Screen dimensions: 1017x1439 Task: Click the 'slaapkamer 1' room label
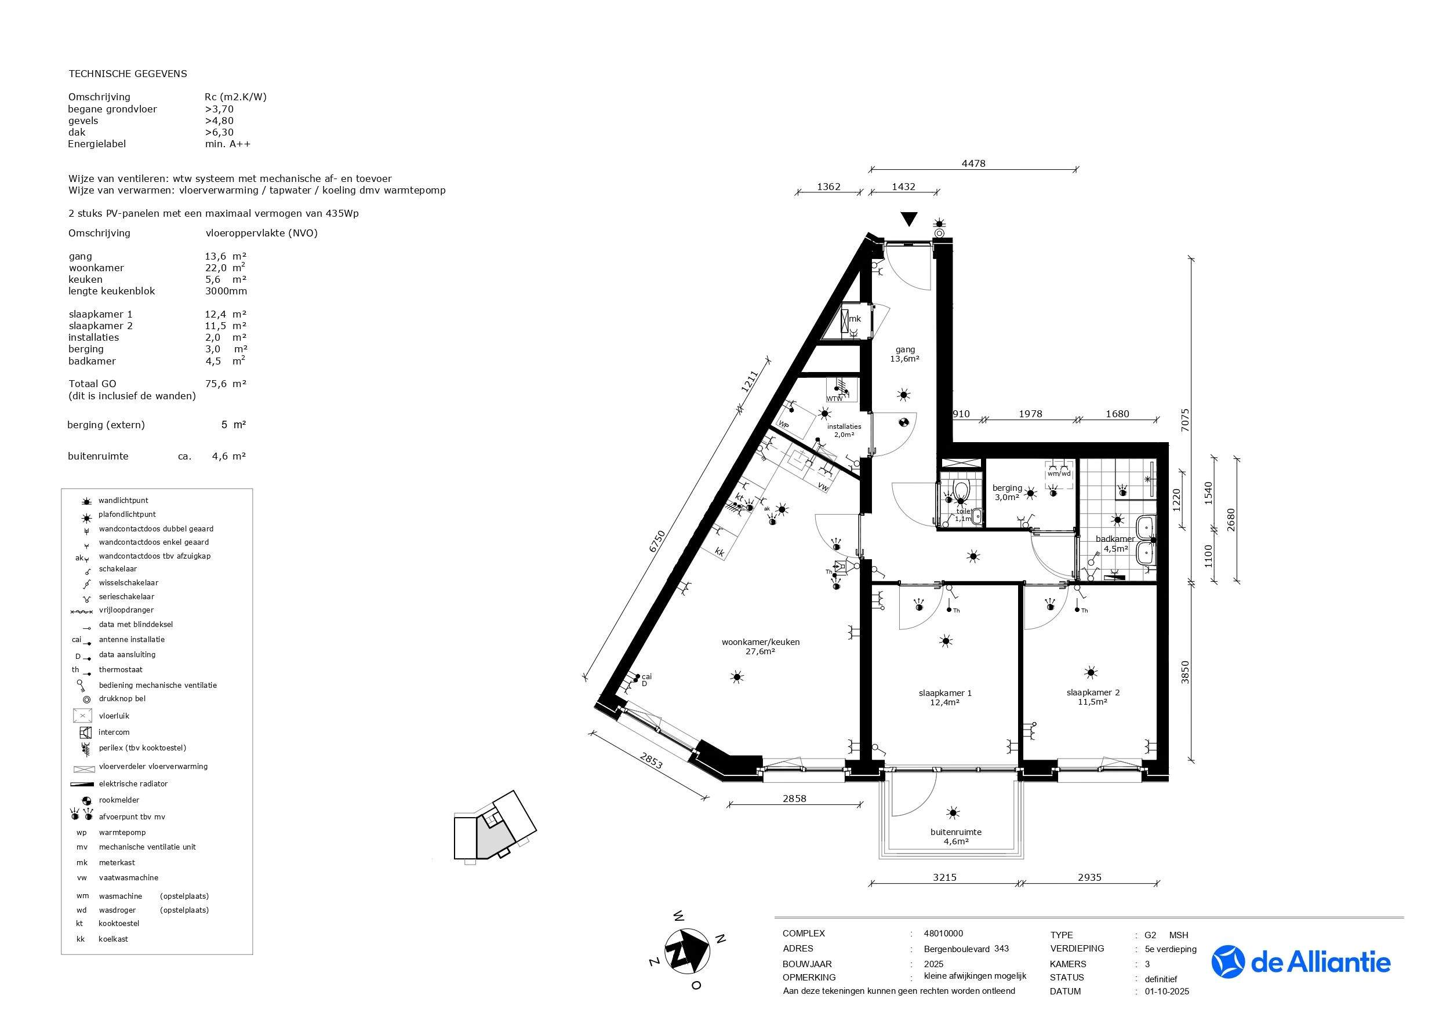(x=945, y=693)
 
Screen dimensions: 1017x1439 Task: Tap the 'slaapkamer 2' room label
(x=1093, y=692)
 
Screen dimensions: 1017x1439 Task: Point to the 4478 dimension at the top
(x=973, y=163)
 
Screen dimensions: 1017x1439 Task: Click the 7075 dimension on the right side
(x=1184, y=421)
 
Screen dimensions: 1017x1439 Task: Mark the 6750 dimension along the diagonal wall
(x=656, y=541)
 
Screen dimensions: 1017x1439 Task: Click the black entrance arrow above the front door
(x=909, y=219)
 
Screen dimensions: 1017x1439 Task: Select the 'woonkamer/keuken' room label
(x=760, y=641)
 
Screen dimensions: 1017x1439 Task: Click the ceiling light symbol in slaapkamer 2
(x=1091, y=672)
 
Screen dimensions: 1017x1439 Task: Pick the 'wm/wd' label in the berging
(x=1059, y=473)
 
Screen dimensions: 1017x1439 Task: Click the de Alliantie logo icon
(x=1228, y=962)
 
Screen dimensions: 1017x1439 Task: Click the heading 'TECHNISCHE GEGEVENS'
(x=127, y=74)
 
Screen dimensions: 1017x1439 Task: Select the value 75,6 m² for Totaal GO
(x=225, y=384)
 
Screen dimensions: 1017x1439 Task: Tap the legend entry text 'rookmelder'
(x=119, y=800)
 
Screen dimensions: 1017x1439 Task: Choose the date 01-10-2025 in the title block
(x=1167, y=992)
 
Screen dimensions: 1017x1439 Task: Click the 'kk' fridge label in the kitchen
(x=720, y=553)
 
